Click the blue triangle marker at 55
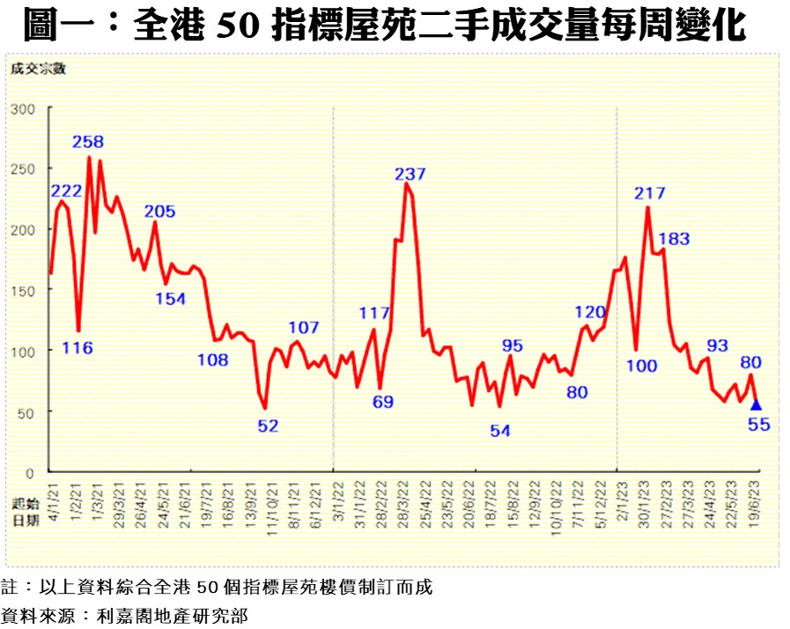pyautogui.click(x=755, y=404)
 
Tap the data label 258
pyautogui.click(x=88, y=142)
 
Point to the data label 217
pyautogui.click(x=649, y=193)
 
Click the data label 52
pyautogui.click(x=268, y=425)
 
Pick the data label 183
pyautogui.click(x=673, y=239)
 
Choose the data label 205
pyautogui.click(x=159, y=211)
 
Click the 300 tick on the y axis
pyautogui.click(x=23, y=108)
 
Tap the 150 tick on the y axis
pyautogui.click(x=23, y=291)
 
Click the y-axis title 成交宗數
pyautogui.click(x=37, y=70)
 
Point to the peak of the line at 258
pyautogui.click(x=89, y=157)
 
